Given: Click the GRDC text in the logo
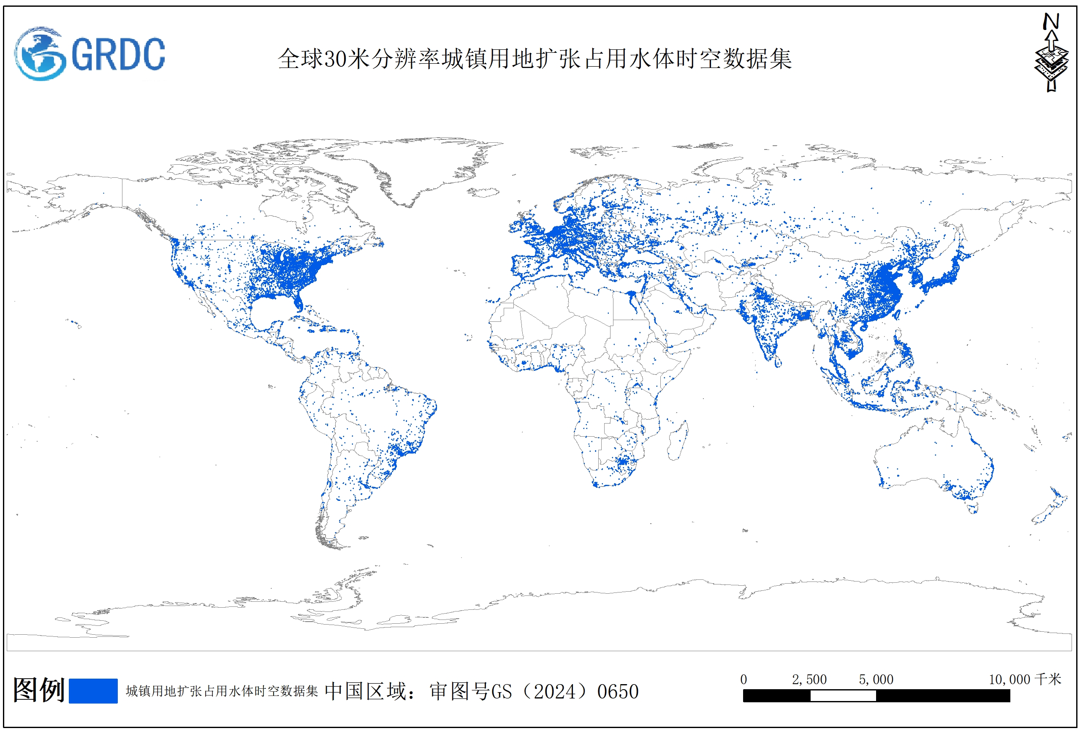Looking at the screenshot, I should (119, 54).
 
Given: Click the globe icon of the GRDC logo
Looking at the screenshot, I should (40, 54).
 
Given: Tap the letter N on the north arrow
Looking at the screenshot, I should (1051, 22).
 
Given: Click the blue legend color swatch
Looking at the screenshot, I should (93, 690).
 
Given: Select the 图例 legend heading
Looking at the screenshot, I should (38, 690).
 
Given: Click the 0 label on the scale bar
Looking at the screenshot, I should (744, 679).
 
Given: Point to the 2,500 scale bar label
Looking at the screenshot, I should (809, 679).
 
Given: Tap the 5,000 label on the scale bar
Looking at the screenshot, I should (876, 679).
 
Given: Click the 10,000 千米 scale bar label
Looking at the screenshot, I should (1025, 679).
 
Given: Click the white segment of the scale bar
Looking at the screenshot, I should (843, 696).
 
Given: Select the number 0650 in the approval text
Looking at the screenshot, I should (618, 691).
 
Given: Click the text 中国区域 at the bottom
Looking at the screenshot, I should (365, 691).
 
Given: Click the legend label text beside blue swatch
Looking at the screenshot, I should (222, 691).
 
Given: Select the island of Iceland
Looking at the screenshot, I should (483, 191).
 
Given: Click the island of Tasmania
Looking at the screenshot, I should (973, 508).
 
